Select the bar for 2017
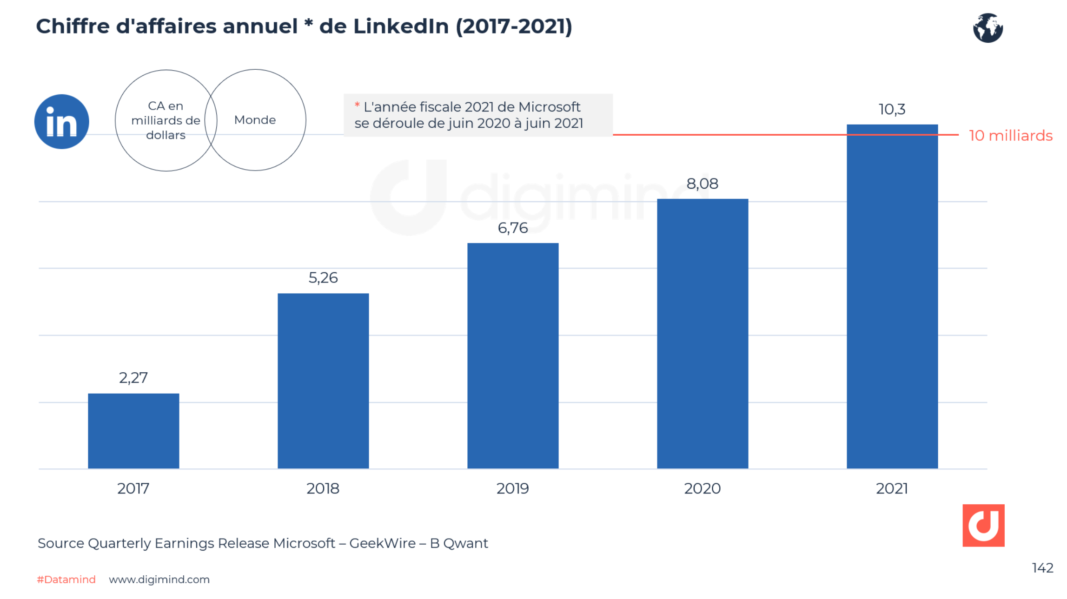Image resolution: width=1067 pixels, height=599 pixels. [x=133, y=431]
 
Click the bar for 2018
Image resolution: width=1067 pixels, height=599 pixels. [x=323, y=381]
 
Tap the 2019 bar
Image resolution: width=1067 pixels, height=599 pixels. [x=513, y=355]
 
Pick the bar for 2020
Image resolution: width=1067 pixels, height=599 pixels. [x=702, y=333]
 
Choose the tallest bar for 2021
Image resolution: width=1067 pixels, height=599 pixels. [x=892, y=296]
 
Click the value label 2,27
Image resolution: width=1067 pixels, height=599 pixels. [x=133, y=378]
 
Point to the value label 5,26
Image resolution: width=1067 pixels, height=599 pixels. [x=323, y=278]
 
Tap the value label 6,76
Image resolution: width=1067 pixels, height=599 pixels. [x=513, y=228]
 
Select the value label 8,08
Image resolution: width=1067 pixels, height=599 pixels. [x=702, y=184]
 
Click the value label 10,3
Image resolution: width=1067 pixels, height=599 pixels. [x=892, y=110]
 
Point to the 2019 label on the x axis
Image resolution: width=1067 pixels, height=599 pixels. [x=512, y=488]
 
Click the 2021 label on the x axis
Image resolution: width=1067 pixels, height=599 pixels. [x=892, y=488]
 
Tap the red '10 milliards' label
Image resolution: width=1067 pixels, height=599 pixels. [x=1010, y=136]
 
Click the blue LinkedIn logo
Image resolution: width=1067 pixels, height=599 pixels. [x=62, y=122]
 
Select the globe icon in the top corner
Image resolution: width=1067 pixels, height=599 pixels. [x=988, y=28]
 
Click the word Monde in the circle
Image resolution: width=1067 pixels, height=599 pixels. [x=255, y=120]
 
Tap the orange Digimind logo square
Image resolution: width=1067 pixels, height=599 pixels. [x=983, y=525]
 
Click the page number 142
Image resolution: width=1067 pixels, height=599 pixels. [x=1042, y=568]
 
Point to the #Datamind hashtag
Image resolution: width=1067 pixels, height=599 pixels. [x=66, y=579]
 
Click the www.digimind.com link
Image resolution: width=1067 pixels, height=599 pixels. [x=159, y=579]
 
